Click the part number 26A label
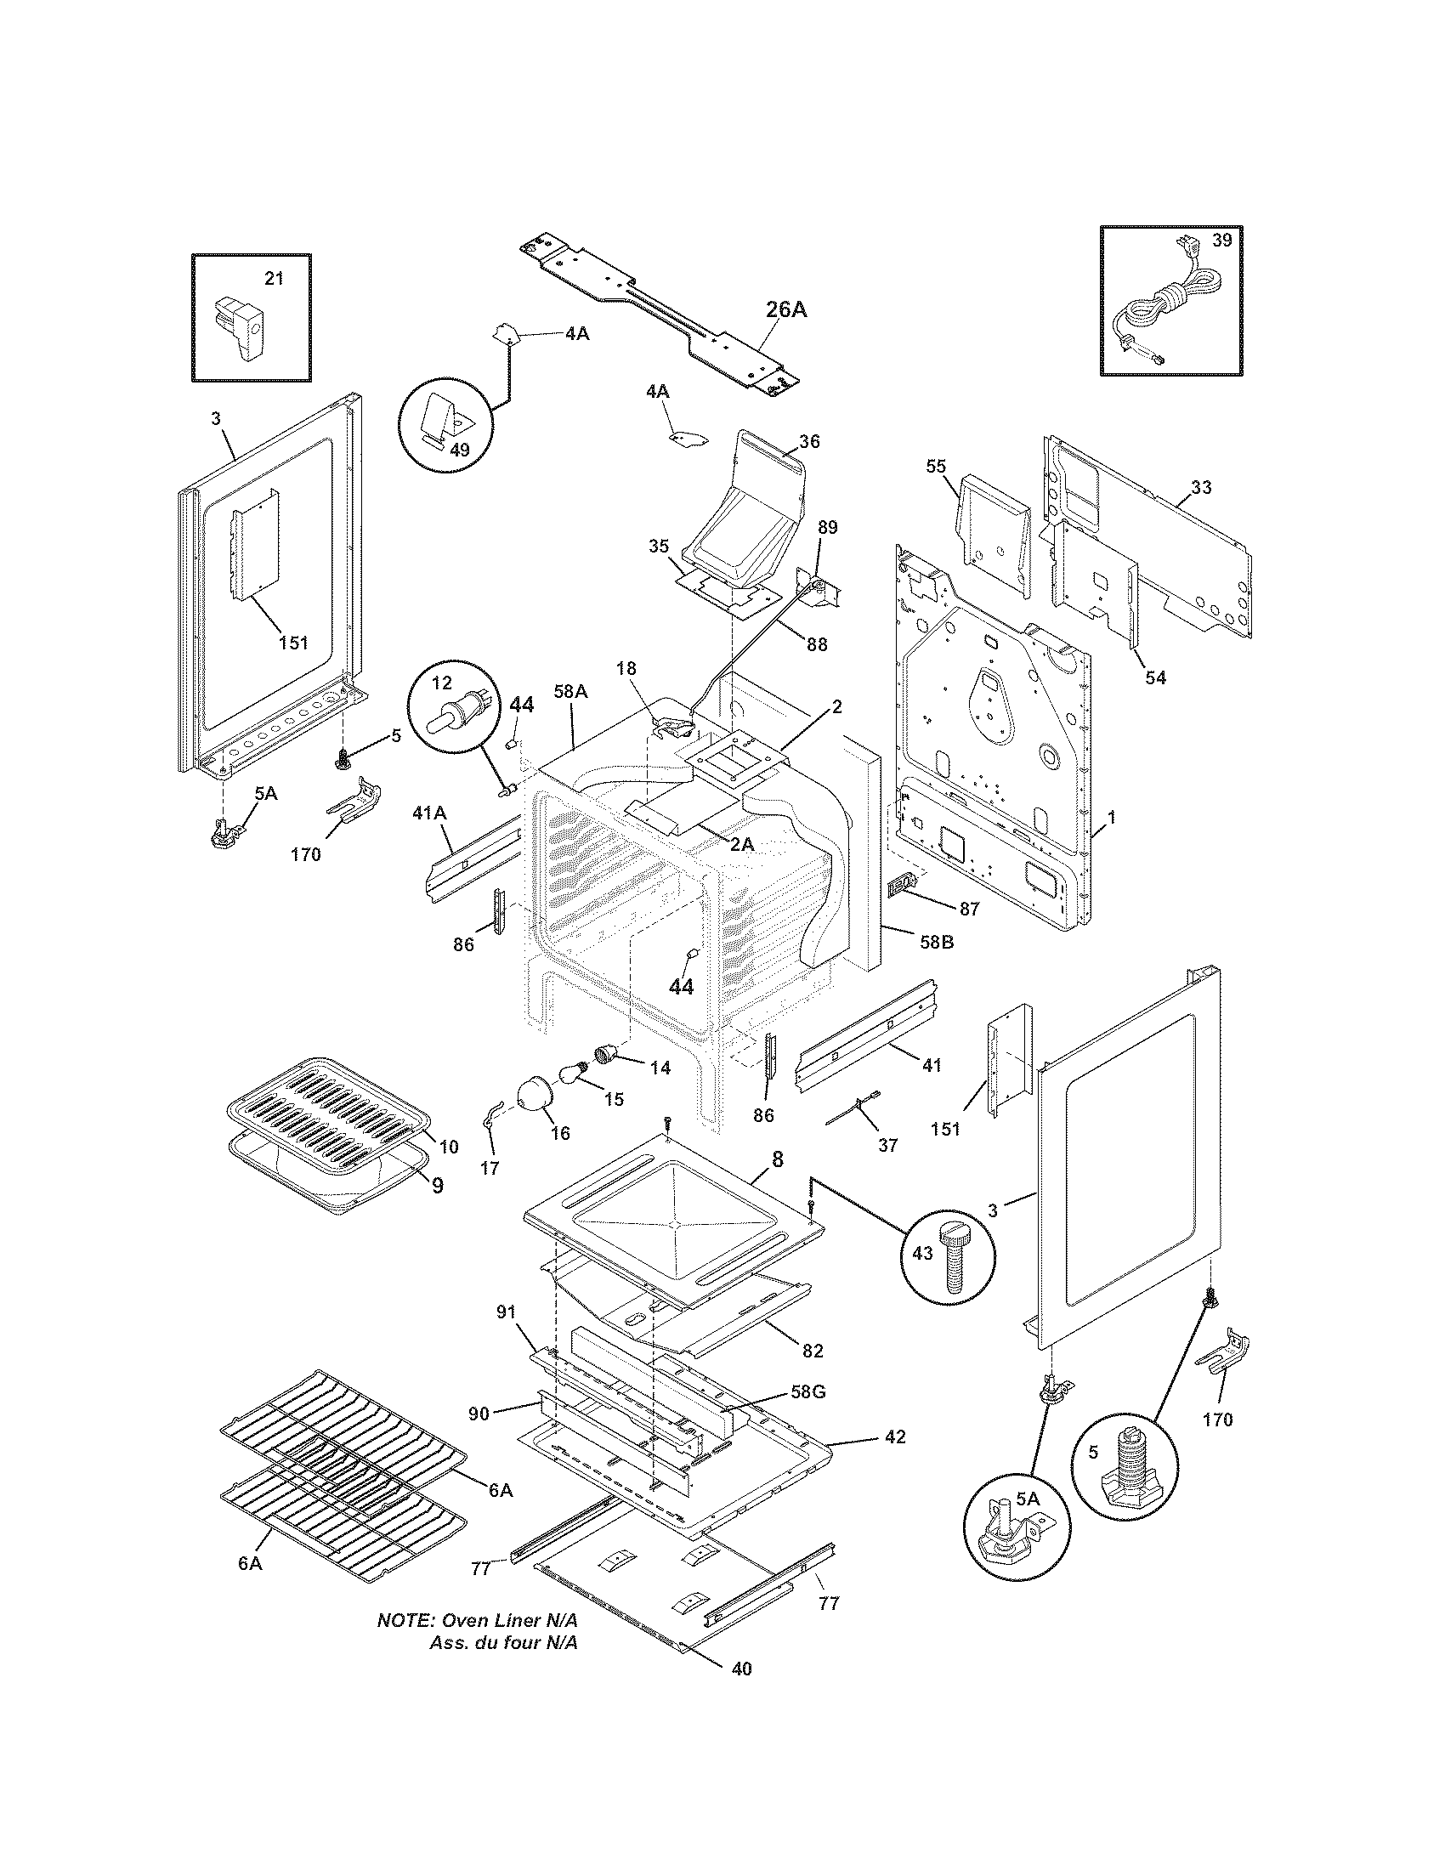click(785, 310)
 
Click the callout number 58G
click(807, 1392)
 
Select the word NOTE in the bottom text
click(405, 1622)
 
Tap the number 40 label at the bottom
click(742, 1691)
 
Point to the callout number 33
click(1201, 489)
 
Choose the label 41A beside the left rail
click(429, 813)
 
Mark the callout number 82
click(813, 1351)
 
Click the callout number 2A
click(741, 844)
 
